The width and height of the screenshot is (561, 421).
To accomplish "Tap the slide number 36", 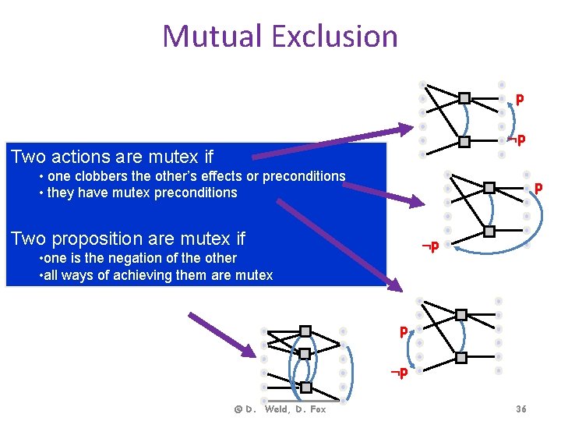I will point(521,409).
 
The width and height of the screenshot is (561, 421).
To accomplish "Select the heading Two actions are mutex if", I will point(112,157).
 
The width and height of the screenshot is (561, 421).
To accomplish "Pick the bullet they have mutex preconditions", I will point(142,193).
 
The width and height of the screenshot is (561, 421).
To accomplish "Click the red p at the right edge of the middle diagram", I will point(538,188).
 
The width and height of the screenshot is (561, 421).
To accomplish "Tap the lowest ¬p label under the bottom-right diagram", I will point(400,373).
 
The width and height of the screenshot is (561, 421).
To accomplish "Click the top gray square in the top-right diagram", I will point(464,98).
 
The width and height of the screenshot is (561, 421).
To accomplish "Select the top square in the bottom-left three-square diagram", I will point(305,331).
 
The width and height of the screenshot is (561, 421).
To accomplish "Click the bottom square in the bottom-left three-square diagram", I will point(305,387).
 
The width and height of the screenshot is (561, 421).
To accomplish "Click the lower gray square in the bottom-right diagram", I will point(461,357).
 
